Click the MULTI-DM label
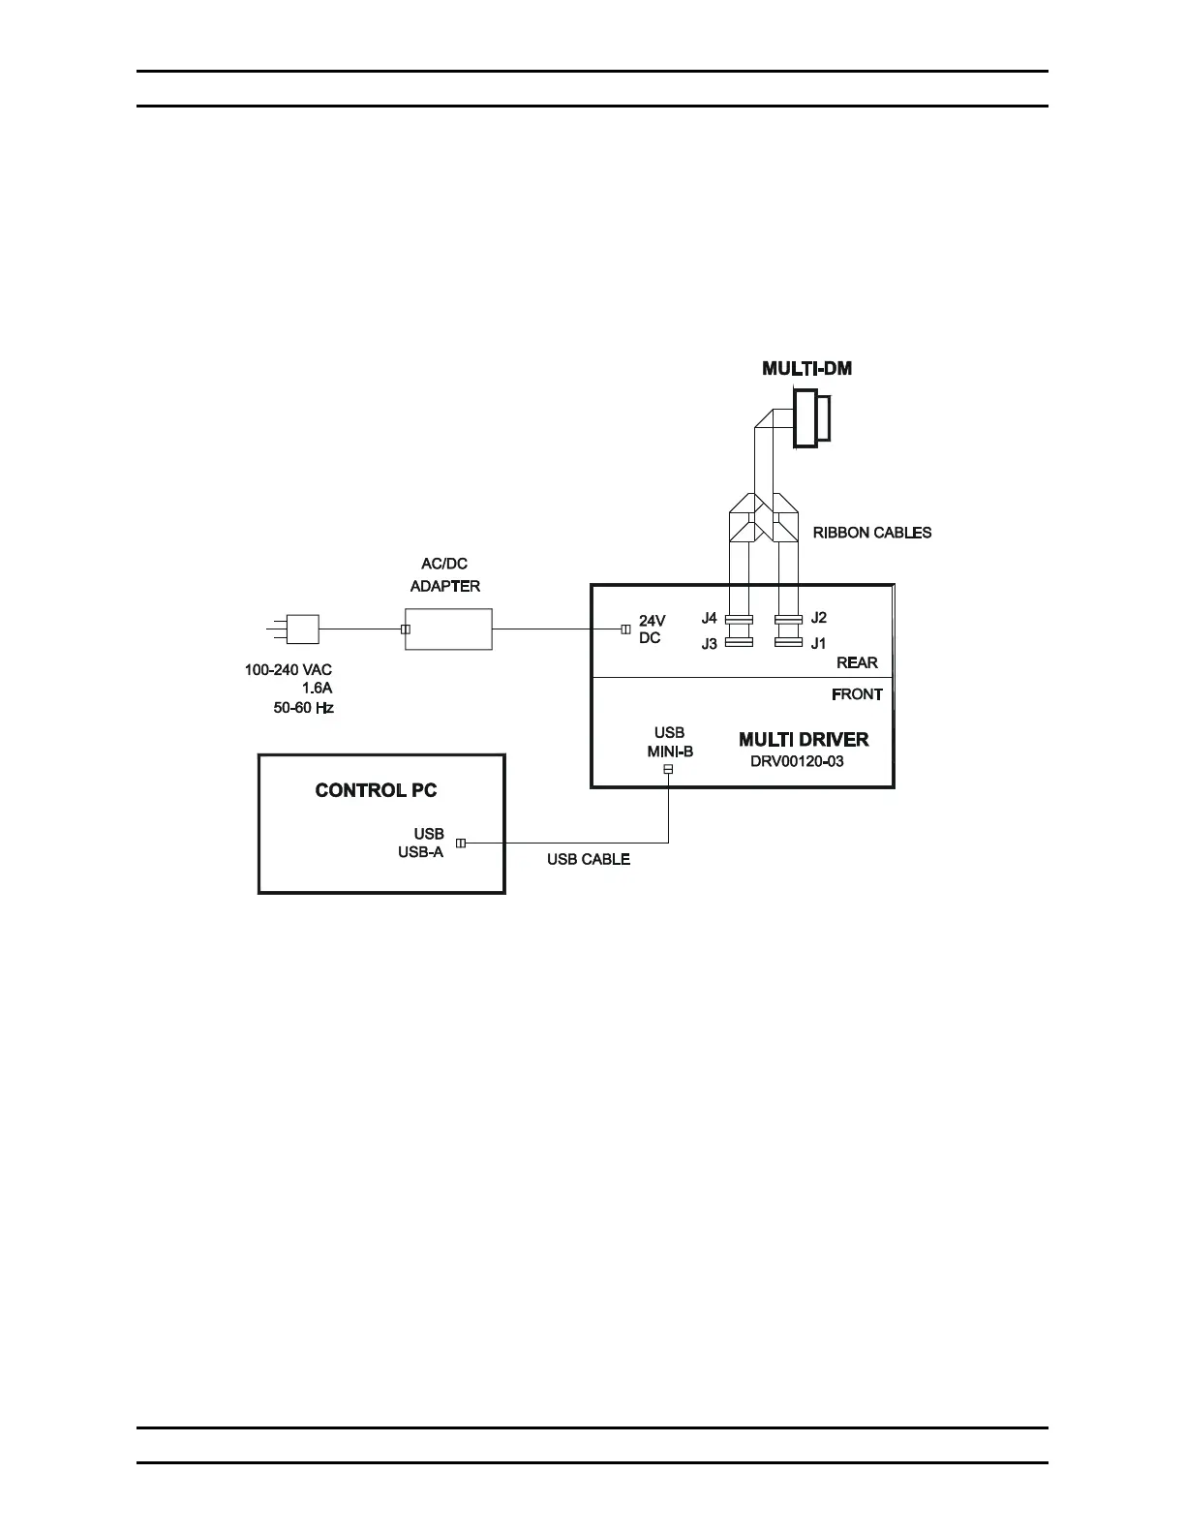click(x=807, y=368)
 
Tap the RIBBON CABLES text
click(x=871, y=533)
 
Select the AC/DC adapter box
click(x=448, y=629)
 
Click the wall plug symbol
click(x=302, y=629)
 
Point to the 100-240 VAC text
click(x=289, y=669)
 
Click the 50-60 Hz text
click(x=303, y=708)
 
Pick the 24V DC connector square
click(x=625, y=629)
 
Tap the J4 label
click(x=710, y=618)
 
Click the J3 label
click(x=710, y=643)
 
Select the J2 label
click(x=819, y=618)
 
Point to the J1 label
click(x=819, y=643)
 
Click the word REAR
click(x=857, y=662)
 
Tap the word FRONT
click(x=857, y=694)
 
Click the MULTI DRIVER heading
click(x=804, y=740)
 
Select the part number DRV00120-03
click(x=797, y=761)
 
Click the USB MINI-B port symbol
click(x=668, y=769)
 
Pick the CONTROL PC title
click(x=376, y=790)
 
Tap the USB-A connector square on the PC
click(x=461, y=844)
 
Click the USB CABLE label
click(x=589, y=859)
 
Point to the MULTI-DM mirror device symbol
click(x=811, y=418)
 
